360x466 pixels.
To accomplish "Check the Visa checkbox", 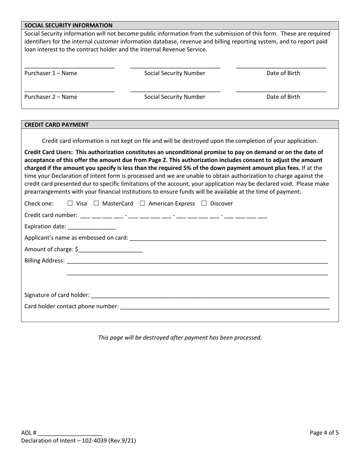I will [x=70, y=203].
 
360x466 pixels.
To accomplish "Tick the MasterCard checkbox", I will [x=96, y=203].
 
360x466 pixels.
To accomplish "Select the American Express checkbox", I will [x=142, y=203].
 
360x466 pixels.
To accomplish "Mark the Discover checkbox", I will [x=204, y=203].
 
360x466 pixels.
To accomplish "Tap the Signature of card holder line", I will [x=210, y=295].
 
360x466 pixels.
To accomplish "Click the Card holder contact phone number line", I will [x=225, y=306].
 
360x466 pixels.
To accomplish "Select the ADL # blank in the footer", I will [x=70, y=433].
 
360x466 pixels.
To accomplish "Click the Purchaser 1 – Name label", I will [x=51, y=73].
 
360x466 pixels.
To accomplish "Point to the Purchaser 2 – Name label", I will [x=51, y=97].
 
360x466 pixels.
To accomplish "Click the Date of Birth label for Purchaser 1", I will [x=283, y=73].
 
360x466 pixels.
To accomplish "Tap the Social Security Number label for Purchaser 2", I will [x=175, y=97].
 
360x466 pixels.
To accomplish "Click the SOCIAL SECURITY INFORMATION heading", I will [x=69, y=25].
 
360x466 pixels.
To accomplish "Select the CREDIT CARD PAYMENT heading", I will [x=56, y=125].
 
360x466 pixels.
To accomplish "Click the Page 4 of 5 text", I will [x=324, y=433].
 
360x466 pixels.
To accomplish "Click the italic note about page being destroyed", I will [x=180, y=337].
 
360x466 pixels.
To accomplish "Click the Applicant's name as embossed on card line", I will [x=228, y=238].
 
